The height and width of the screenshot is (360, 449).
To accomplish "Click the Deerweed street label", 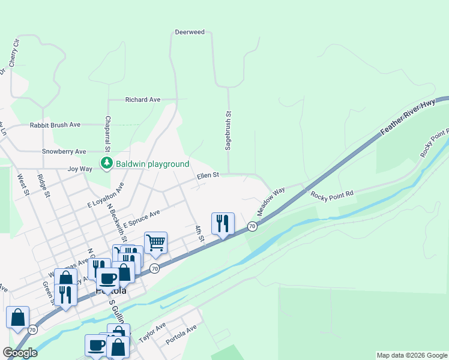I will pyautogui.click(x=190, y=32).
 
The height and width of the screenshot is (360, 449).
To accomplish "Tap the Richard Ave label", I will pyautogui.click(x=142, y=100).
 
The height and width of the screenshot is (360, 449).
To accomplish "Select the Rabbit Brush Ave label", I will pyautogui.click(x=55, y=125).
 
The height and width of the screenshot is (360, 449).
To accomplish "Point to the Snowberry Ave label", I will pyautogui.click(x=64, y=152).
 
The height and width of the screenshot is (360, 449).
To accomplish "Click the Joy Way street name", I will pyautogui.click(x=80, y=169).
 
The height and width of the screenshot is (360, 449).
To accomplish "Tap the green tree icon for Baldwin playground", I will pyautogui.click(x=107, y=163).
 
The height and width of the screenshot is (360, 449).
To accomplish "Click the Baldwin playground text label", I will pyautogui.click(x=152, y=164).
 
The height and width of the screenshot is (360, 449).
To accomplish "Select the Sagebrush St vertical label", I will pyautogui.click(x=228, y=131).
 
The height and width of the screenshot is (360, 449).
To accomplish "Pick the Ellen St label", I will pyautogui.click(x=208, y=176).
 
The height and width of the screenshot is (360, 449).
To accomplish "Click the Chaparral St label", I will pyautogui.click(x=108, y=134).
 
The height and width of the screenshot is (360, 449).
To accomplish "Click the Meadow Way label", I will pyautogui.click(x=271, y=202).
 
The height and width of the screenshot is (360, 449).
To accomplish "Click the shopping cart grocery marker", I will pyautogui.click(x=155, y=243).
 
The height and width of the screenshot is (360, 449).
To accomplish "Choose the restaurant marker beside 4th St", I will pyautogui.click(x=223, y=224).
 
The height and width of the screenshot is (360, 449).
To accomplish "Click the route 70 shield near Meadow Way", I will pyautogui.click(x=252, y=226).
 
